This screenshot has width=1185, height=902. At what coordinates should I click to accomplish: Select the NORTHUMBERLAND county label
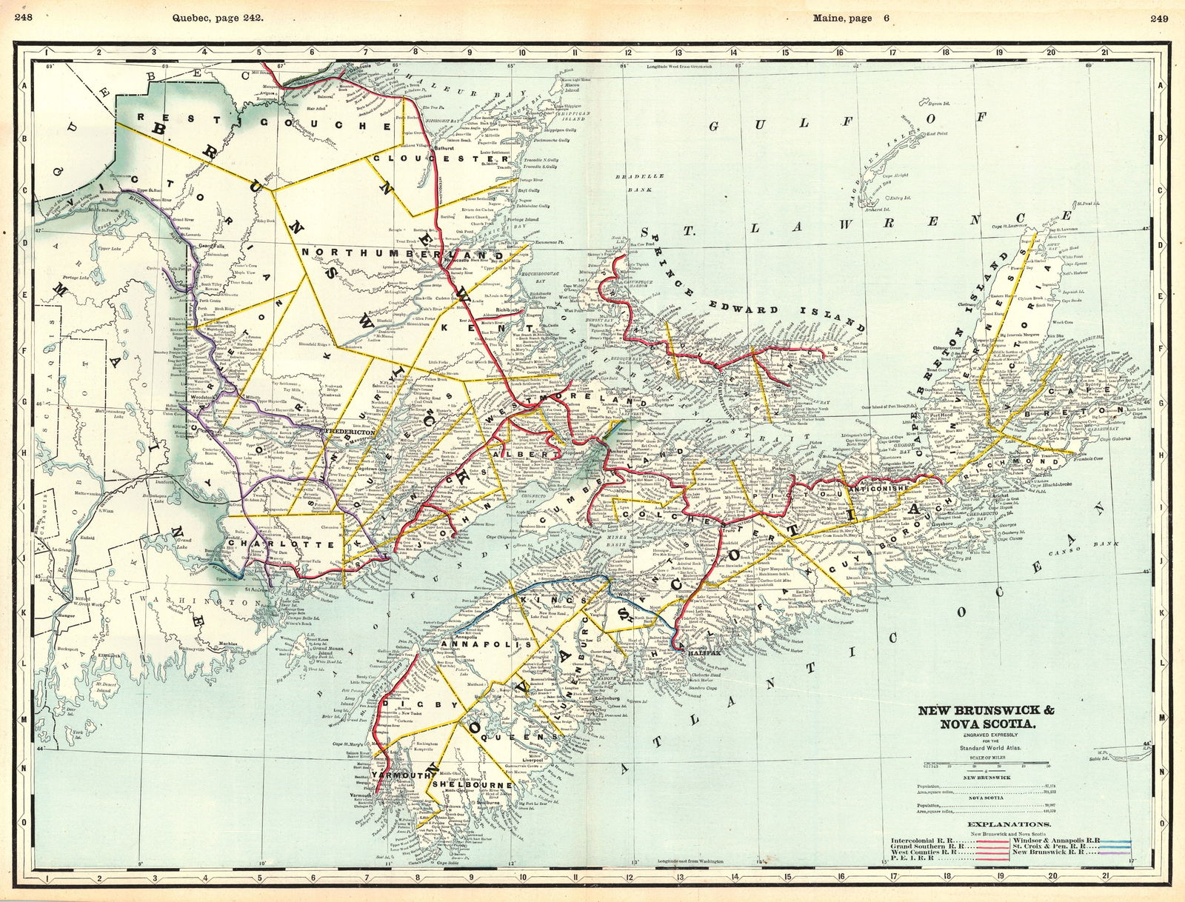click(401, 254)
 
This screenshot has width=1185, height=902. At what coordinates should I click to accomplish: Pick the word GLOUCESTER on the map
click(441, 158)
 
